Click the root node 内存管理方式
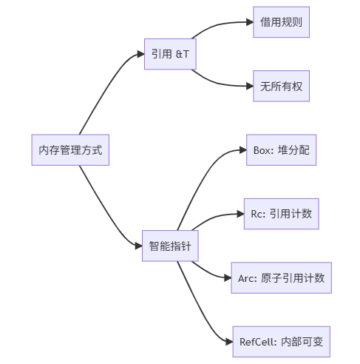point(70,149)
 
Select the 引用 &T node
point(170,54)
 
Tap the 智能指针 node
point(170,246)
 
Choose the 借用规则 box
point(281,22)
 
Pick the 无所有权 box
point(281,86)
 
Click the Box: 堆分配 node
point(281,149)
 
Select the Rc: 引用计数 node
point(281,214)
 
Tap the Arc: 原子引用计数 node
point(281,277)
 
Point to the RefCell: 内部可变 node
point(281,341)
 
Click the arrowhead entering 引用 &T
point(140,54)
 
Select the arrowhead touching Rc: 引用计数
point(240,214)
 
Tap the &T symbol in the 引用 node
point(182,54)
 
